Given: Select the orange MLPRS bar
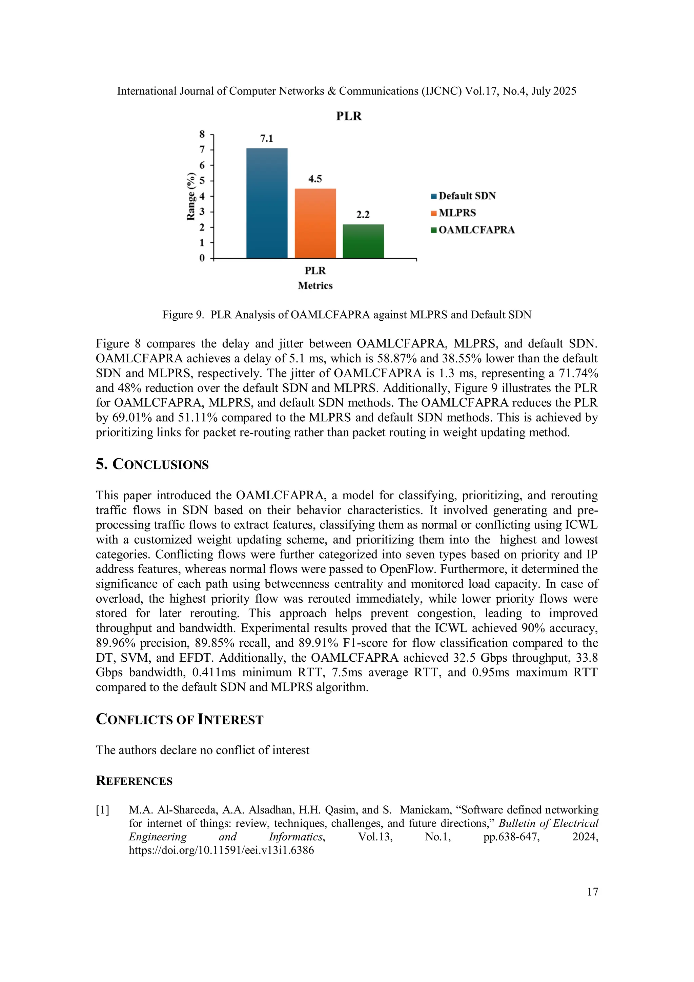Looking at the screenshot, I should click(315, 223).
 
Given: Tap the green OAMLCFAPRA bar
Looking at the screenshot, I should click(363, 241).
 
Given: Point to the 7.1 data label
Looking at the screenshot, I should click(266, 139).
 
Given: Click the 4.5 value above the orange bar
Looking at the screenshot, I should click(315, 179).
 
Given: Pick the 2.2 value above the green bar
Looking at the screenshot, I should click(363, 215).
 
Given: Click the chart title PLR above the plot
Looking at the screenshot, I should click(348, 116).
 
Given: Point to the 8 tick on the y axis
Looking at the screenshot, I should click(202, 134).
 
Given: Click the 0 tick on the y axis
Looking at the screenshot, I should click(202, 258).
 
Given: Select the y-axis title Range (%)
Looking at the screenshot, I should click(191, 196).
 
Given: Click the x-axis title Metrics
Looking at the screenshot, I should click(315, 285).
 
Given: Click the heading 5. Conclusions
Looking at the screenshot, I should click(152, 464).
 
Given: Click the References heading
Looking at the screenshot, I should click(134, 781).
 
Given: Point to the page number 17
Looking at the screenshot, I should click(592, 891).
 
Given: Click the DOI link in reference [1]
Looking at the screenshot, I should click(222, 850).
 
